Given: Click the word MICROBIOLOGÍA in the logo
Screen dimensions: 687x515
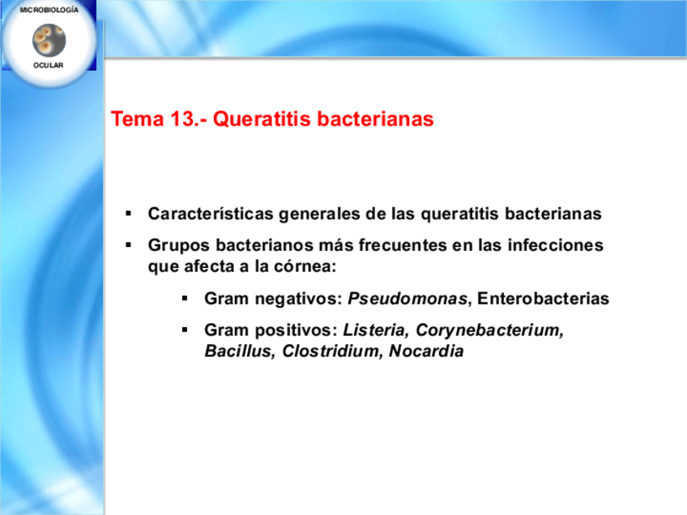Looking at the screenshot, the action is pos(49,10).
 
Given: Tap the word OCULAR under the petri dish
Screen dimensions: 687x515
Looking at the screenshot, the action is pos(48,66).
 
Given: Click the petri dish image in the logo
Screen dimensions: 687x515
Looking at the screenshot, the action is pos(49,40).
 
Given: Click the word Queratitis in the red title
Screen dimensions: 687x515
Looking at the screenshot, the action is pos(262,119).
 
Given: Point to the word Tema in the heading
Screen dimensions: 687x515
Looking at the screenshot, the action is pos(137,119).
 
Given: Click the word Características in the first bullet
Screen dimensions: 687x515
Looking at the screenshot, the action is pos(211,214).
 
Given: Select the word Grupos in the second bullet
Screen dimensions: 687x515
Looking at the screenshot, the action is pos(179,245).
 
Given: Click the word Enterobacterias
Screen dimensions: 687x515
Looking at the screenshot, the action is pos(544,299).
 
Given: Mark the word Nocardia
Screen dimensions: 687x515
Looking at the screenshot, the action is pos(426,351).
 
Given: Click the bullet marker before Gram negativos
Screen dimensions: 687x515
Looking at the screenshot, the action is pos(185,299).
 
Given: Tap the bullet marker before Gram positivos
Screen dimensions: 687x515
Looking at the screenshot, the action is pos(185,330).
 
